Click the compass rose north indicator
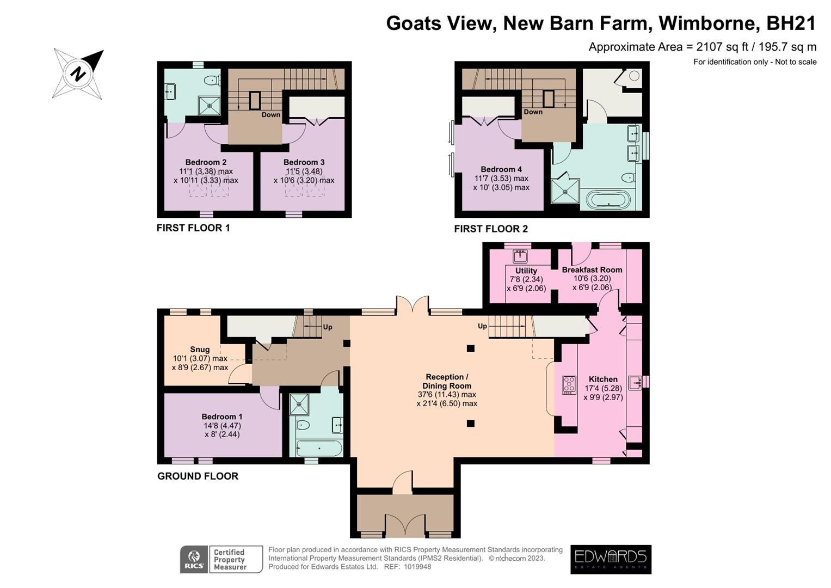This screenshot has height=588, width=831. (x=78, y=73)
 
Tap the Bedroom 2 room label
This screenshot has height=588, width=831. (x=206, y=162)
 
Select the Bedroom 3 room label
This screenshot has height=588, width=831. (x=304, y=162)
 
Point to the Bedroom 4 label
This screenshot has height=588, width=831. (x=501, y=169)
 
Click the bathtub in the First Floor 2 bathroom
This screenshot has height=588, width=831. (x=608, y=200)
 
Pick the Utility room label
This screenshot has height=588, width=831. (x=526, y=271)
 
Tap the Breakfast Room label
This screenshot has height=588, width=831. (x=592, y=269)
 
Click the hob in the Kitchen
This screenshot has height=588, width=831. (x=569, y=385)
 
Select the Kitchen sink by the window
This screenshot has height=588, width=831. (x=635, y=383)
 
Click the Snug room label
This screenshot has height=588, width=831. (x=200, y=350)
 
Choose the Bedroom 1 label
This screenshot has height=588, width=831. (x=222, y=416)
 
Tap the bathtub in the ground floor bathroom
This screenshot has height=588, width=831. (x=319, y=449)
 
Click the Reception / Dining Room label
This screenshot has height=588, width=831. (x=447, y=381)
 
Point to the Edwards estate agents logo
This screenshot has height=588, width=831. (x=611, y=559)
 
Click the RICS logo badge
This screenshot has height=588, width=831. (x=194, y=560)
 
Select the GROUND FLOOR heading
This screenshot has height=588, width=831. (x=198, y=476)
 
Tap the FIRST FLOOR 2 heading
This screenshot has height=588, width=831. (x=491, y=229)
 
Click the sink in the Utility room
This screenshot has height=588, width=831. (x=520, y=256)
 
